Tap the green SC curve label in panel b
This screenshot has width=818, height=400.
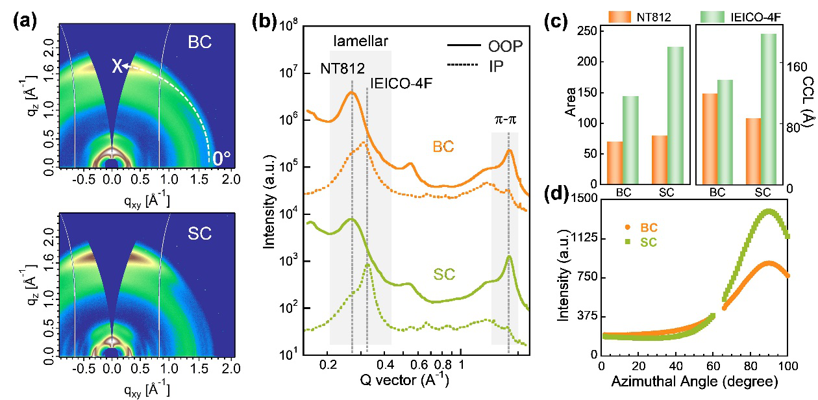click(x=443, y=275)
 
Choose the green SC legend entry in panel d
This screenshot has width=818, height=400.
click(x=640, y=242)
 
